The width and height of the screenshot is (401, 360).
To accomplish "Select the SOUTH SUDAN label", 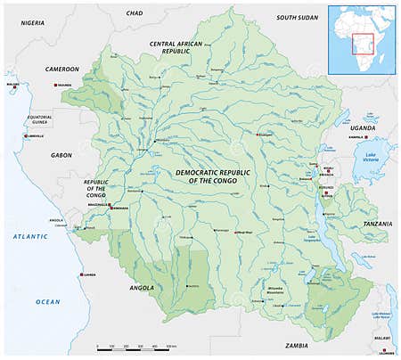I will (297, 17).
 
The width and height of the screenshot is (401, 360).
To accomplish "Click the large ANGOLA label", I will (142, 288).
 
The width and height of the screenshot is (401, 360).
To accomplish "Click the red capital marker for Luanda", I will (81, 274).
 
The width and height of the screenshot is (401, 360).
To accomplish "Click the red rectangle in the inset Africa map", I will (362, 43).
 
